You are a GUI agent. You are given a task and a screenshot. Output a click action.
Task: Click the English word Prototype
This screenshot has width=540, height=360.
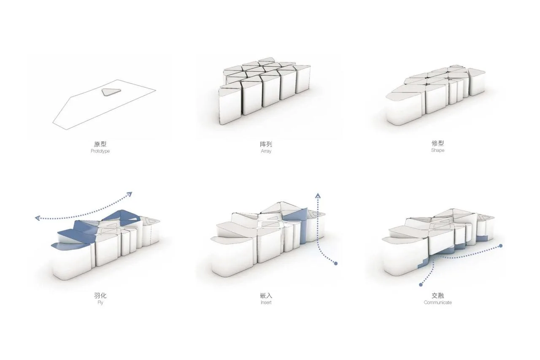[x=100, y=151]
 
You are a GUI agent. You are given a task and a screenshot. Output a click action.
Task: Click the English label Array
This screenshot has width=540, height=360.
[x=266, y=151]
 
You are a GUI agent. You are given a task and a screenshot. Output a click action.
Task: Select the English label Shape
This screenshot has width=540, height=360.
[x=437, y=150]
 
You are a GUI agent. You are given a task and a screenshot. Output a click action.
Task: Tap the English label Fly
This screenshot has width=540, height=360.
[x=100, y=302]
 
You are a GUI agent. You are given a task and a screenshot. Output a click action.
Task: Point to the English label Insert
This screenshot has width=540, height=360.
[x=266, y=302]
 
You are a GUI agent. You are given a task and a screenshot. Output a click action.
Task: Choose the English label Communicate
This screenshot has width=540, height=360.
[x=437, y=302]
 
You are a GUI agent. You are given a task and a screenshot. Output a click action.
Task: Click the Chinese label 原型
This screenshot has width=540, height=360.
[x=100, y=144]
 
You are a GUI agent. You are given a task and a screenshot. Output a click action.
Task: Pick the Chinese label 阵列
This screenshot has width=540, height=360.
[x=266, y=144]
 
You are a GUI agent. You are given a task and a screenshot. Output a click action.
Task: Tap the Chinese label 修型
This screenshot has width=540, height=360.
[x=437, y=143]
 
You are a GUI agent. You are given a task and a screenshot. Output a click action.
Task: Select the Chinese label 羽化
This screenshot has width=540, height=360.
[x=100, y=295]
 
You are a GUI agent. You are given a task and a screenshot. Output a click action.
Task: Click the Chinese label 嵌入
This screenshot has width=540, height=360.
[x=266, y=295]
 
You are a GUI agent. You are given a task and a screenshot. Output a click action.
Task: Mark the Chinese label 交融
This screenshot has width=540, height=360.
[x=437, y=295]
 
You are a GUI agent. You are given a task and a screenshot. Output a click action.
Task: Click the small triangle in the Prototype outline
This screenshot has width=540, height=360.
[x=111, y=92]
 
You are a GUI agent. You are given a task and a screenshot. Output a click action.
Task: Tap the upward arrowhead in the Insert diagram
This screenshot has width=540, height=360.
[x=318, y=195]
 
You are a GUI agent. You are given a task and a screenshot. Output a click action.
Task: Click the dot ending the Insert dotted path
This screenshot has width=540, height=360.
[x=335, y=263]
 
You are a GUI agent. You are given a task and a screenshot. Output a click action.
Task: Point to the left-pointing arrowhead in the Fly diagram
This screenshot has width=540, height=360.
[x=38, y=218]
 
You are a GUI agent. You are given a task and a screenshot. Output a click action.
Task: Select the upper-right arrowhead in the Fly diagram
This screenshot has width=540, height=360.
[x=130, y=194]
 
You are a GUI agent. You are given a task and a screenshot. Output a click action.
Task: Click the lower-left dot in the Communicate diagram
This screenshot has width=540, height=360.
[x=421, y=285]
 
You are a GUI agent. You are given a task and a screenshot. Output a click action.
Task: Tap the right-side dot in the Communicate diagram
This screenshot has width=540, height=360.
[x=501, y=246]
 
